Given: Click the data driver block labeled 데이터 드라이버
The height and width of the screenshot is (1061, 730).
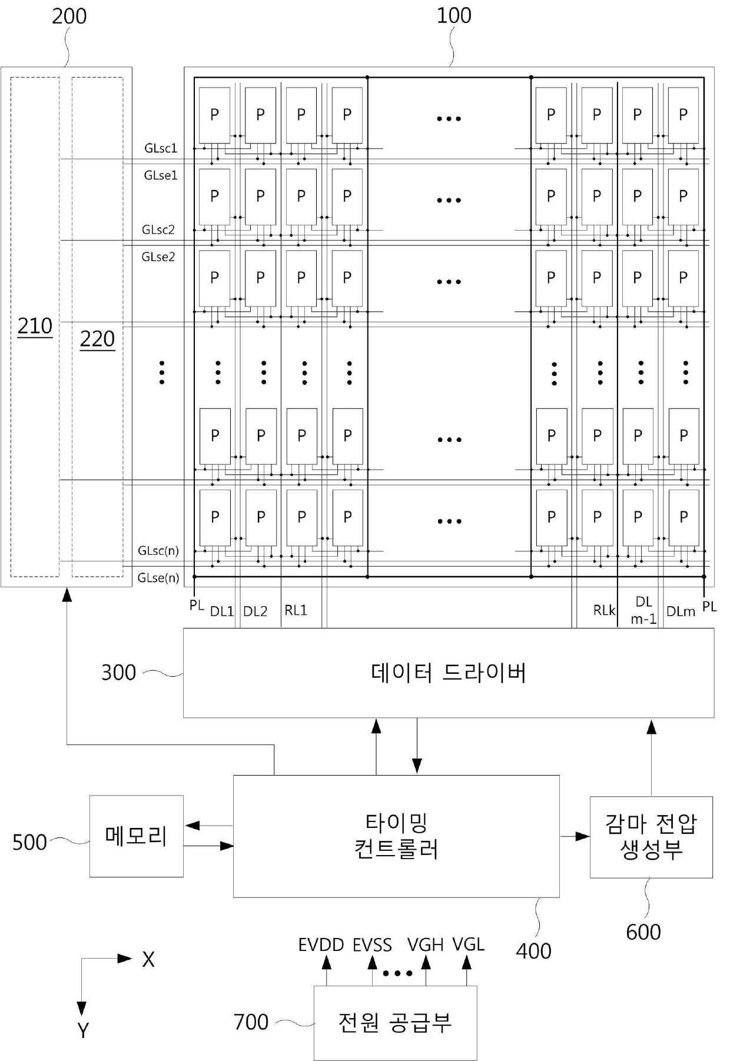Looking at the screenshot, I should point(449,673).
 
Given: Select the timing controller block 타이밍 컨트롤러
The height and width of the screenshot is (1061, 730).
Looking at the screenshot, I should point(396,836).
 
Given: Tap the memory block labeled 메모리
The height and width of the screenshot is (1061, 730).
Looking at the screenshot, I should point(136,836).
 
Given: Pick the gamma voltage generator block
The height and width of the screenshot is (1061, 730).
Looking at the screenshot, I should point(651,837).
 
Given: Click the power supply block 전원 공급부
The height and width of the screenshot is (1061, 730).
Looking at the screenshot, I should point(395,1023).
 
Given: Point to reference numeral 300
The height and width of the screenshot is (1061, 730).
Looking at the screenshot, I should point(118,673).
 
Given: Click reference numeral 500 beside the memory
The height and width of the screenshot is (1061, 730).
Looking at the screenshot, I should point(29,842).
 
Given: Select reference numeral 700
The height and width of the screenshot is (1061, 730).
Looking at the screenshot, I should point(251,1022).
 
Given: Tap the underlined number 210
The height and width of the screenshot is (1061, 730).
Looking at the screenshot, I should point(35,326).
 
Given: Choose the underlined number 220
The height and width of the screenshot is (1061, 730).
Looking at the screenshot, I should point(97,339).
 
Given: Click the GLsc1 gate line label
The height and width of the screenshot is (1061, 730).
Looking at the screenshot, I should point(161,148).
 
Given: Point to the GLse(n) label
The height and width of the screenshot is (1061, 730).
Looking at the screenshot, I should point(158,578).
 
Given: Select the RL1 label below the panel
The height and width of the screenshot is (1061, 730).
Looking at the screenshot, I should point(296,610).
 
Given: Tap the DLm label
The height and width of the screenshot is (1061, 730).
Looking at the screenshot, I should point(681,611).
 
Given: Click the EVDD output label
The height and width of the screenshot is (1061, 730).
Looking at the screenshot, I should point(321,945).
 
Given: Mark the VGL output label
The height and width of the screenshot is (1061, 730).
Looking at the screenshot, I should point(468,944).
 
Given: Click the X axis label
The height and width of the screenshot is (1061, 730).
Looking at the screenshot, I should point(148,960).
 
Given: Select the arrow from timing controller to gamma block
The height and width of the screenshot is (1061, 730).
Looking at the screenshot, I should point(575,836).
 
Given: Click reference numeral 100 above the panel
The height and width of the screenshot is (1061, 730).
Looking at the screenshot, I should point(453,15).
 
